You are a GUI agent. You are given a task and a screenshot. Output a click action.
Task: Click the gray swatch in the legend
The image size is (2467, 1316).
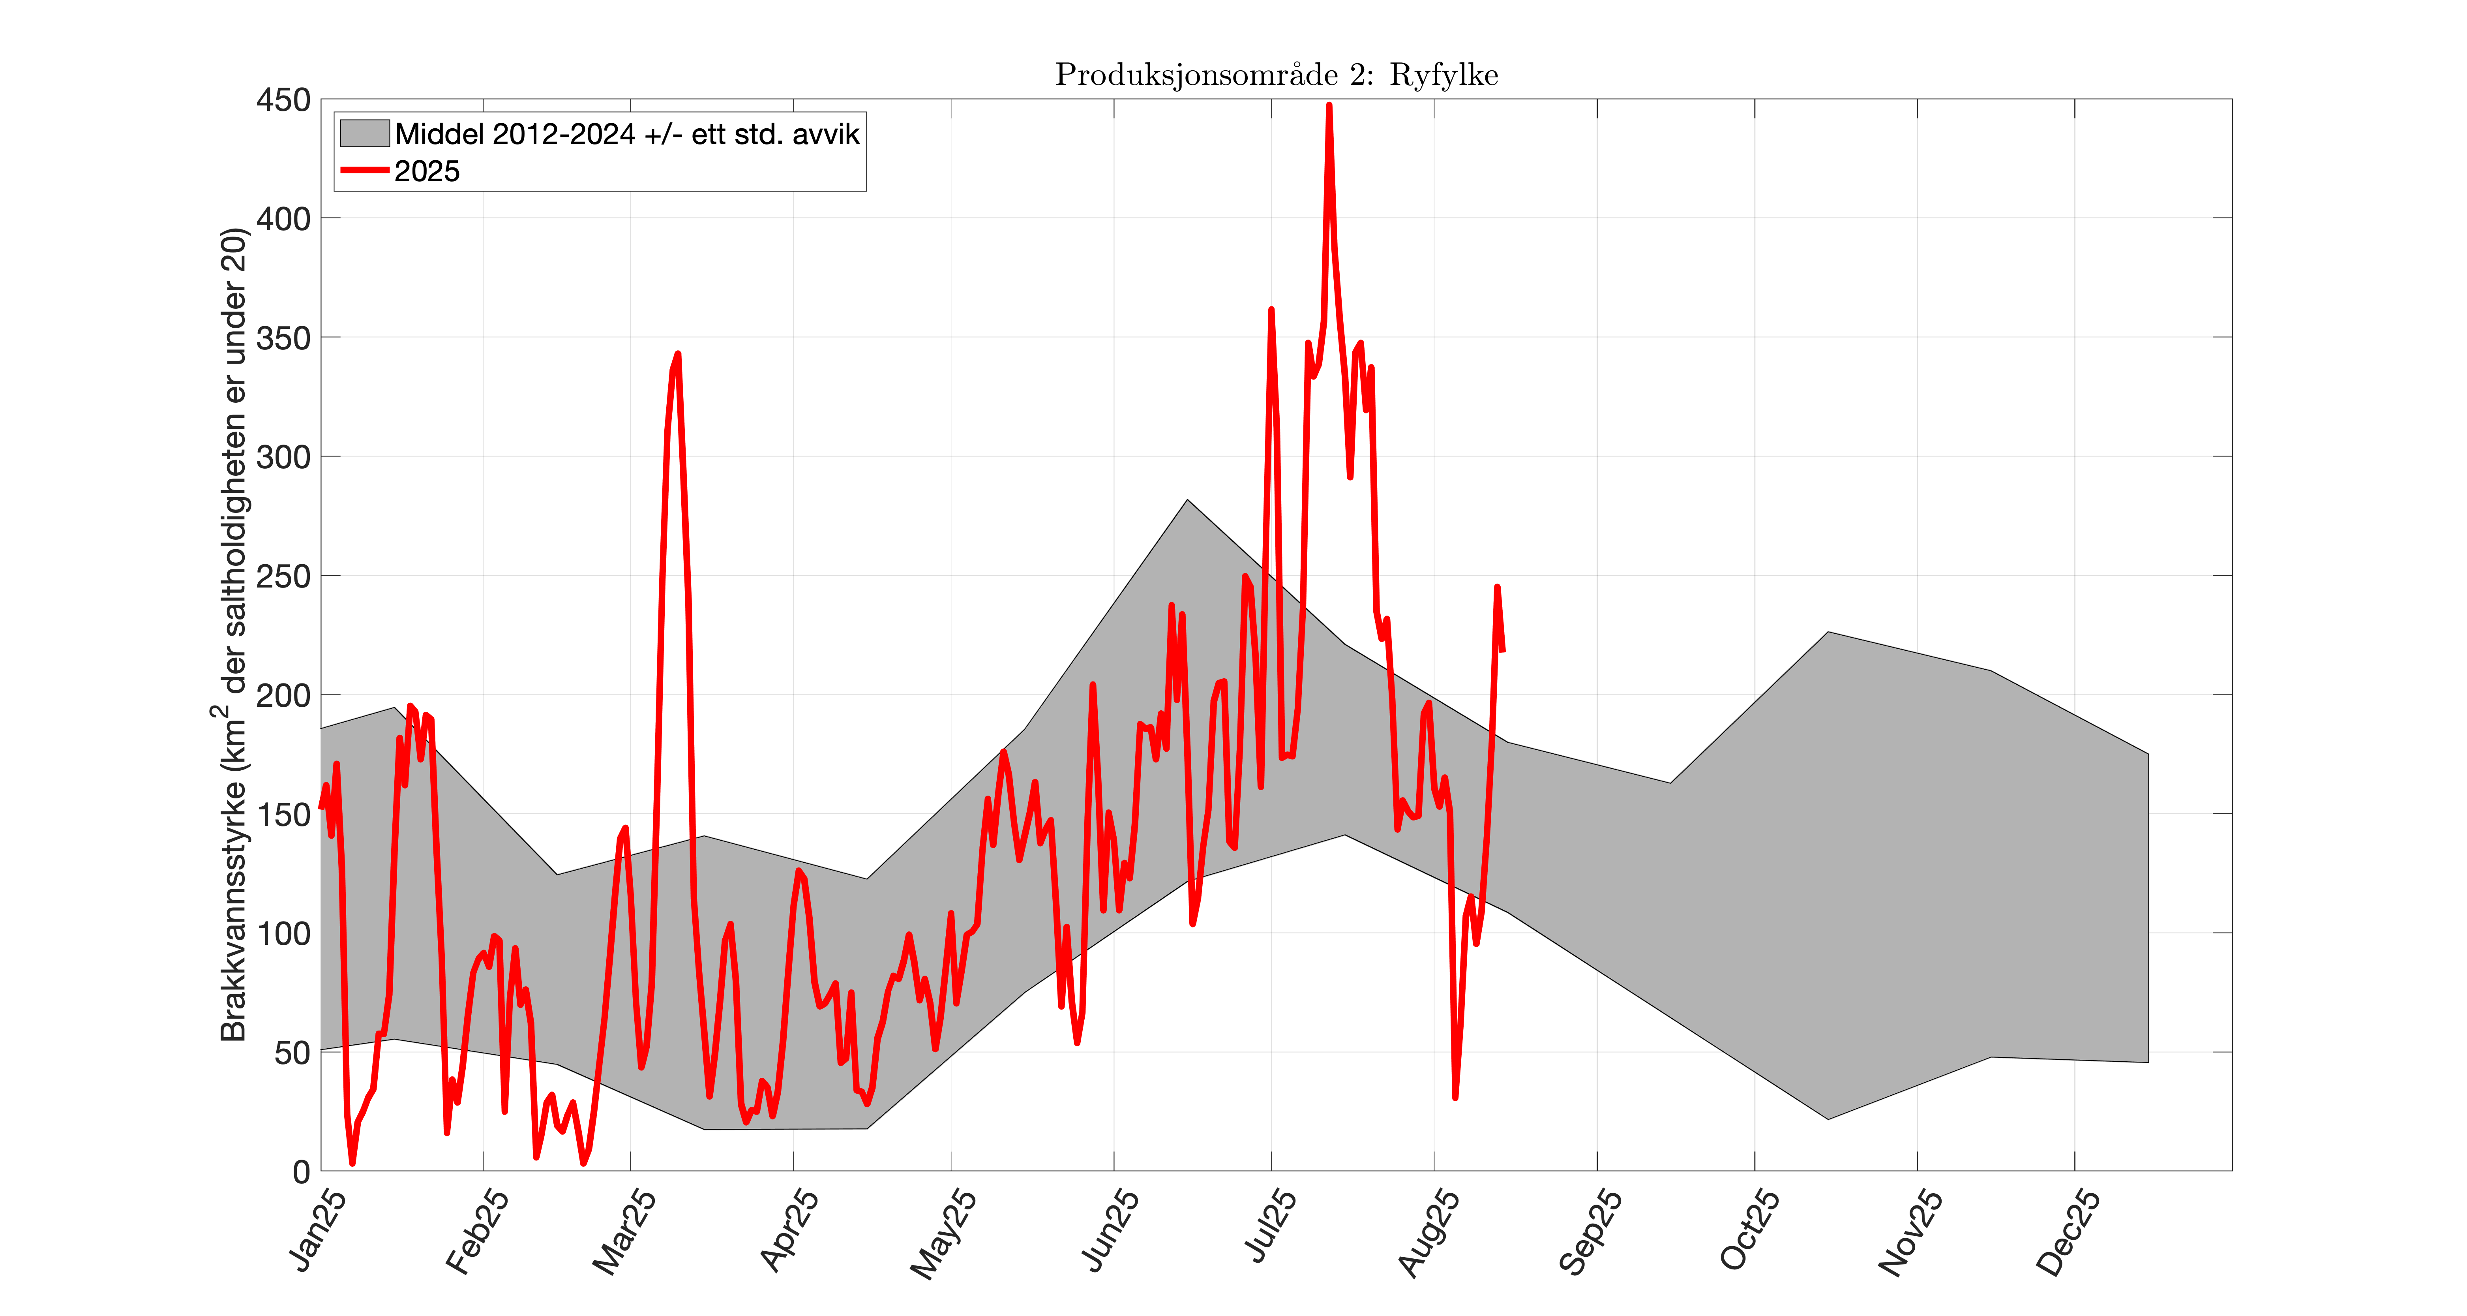tap(364, 133)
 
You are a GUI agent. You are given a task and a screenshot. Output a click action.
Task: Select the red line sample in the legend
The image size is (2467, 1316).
tap(364, 171)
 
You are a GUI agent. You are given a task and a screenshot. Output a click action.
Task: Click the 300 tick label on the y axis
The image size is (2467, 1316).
tap(283, 457)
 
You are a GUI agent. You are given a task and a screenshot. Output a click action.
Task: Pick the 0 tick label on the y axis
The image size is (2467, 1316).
tap(301, 1170)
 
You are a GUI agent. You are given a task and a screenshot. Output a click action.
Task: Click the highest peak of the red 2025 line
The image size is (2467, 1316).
tap(1328, 105)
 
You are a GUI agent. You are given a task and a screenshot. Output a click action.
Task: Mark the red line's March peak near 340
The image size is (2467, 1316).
tap(677, 355)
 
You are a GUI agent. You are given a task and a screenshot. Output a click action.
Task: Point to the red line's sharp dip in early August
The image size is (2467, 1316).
tap(1455, 1097)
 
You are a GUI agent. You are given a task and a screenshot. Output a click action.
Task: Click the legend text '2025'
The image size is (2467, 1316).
tap(427, 171)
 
